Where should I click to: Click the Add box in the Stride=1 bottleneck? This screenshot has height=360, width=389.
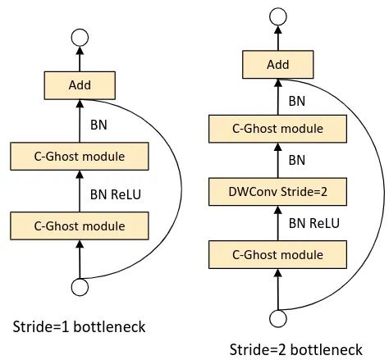(80, 85)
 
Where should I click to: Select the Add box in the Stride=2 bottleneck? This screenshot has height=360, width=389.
(278, 65)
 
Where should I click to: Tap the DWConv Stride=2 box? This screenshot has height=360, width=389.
(277, 192)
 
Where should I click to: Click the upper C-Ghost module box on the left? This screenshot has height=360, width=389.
(80, 156)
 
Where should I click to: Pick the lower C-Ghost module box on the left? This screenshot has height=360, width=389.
(80, 226)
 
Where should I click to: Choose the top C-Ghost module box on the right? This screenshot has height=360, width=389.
(277, 129)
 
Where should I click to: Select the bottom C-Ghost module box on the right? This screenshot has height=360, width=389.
(277, 254)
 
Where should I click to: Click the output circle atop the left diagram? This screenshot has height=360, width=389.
(80, 38)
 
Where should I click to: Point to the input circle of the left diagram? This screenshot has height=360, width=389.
(80, 287)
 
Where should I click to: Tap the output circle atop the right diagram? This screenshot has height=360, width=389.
(278, 16)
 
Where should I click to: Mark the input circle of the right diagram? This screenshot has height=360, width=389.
(278, 318)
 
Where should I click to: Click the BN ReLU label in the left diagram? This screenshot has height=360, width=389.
(116, 194)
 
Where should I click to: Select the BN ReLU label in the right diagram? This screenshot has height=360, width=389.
(314, 223)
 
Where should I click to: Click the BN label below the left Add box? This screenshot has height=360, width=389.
(98, 125)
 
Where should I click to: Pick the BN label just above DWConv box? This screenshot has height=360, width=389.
(297, 160)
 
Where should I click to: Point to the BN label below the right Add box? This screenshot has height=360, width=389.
(297, 101)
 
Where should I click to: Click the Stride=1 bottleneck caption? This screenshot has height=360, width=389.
(79, 326)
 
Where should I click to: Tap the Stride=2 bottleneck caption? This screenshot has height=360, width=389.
(296, 349)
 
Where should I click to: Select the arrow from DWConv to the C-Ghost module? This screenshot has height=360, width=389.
(278, 161)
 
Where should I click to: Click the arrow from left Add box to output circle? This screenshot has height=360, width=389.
(80, 59)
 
